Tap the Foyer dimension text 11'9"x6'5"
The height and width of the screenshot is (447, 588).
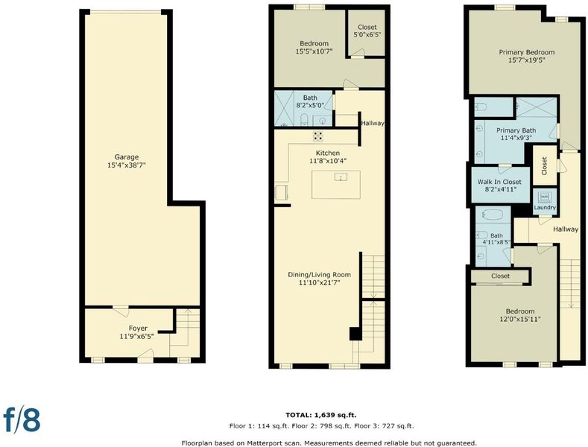[137, 337]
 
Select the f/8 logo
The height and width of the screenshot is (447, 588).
[22, 419]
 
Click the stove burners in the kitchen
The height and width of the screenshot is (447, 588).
[318, 136]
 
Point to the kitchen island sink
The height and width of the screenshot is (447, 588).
[341, 177]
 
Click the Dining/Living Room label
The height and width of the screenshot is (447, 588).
[320, 275]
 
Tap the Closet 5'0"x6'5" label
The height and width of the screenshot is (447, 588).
[367, 31]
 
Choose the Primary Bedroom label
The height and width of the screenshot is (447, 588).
[526, 52]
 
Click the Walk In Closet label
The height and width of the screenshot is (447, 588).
[499, 182]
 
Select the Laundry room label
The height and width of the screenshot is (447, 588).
[545, 207]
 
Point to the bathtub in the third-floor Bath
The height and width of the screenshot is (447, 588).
[493, 215]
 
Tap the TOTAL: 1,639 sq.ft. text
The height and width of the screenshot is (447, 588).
[321, 415]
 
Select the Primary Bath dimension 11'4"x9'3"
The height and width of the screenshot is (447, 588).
[516, 138]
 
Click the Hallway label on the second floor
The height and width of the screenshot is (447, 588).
[373, 123]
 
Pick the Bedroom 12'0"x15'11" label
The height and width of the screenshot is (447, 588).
[520, 315]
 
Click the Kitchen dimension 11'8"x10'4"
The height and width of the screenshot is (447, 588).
[328, 161]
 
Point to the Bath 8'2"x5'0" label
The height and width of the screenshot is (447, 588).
[310, 101]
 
